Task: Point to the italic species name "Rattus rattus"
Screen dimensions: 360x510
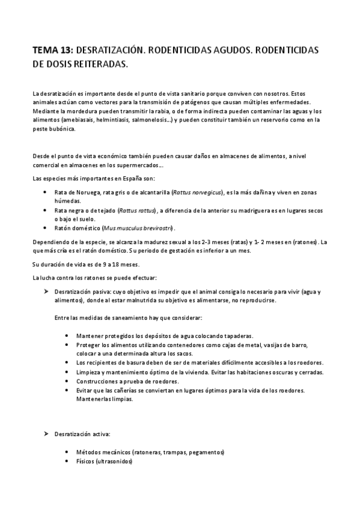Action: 137,210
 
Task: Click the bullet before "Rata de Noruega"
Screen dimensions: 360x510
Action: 47,192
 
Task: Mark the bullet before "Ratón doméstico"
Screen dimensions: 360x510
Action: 47,229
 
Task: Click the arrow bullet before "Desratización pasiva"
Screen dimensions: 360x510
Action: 46,292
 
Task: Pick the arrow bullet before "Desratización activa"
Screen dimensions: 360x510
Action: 46,433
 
